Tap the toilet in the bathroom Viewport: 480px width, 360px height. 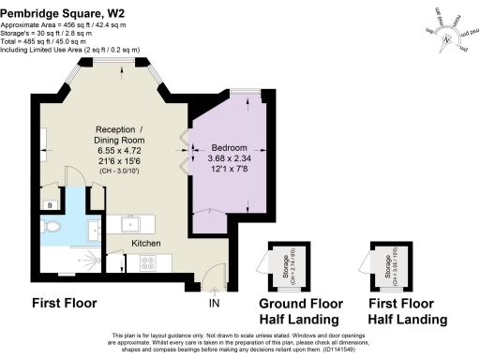point(52,228)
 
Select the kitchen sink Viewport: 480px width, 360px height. point(125,225)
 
